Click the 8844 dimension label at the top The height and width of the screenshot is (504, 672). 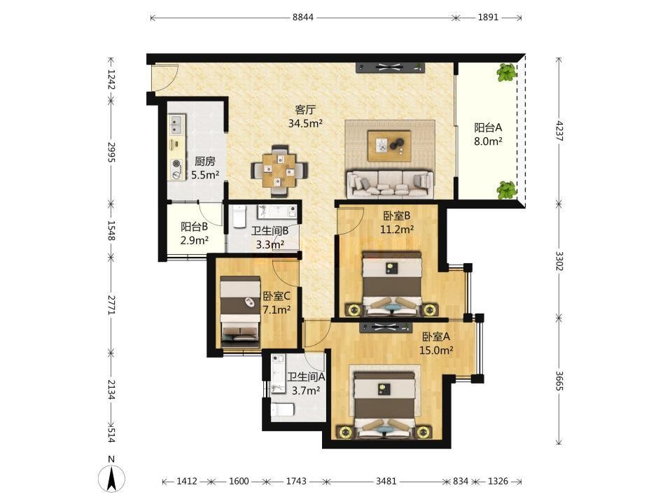(x=303, y=17)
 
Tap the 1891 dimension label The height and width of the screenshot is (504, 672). (x=488, y=17)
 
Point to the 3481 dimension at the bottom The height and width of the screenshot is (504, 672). (x=386, y=482)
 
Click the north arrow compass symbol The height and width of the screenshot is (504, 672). (x=111, y=477)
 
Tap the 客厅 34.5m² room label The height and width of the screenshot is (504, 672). (x=305, y=117)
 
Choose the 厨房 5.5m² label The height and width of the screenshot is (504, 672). (x=205, y=168)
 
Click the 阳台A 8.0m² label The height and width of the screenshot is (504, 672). (x=488, y=134)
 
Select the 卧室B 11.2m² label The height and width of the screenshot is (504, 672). (x=397, y=223)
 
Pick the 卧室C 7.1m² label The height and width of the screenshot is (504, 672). (x=276, y=302)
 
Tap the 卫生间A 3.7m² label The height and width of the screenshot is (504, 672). (x=306, y=384)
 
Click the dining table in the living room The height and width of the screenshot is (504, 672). (x=279, y=170)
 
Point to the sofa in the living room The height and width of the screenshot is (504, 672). (x=389, y=183)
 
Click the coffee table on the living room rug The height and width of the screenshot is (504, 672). (x=389, y=146)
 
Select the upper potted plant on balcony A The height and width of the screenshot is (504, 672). (x=507, y=72)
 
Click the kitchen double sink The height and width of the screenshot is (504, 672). (x=176, y=125)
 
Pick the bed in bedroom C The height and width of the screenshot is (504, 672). (x=240, y=311)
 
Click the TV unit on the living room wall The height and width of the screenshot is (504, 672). (x=390, y=67)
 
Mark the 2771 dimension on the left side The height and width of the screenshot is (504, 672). (x=111, y=304)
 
